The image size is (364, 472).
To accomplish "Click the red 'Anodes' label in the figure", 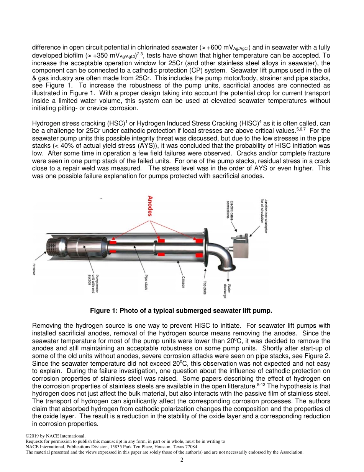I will [151, 206].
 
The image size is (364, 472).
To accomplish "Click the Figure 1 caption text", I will [181, 310].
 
